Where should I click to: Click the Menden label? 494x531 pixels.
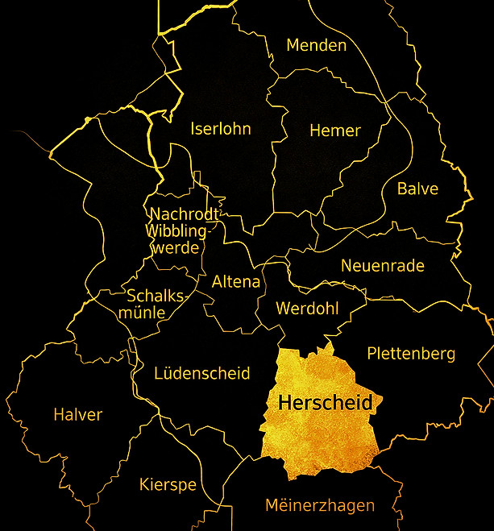[x=317, y=45]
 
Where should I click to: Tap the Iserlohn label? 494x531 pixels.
[x=221, y=129]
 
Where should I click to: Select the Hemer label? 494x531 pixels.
[x=335, y=131]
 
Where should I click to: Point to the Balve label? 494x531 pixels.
[x=417, y=189]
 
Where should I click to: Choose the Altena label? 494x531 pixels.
[x=236, y=282]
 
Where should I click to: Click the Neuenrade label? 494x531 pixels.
[x=382, y=266]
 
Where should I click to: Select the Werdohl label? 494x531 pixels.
[x=307, y=309]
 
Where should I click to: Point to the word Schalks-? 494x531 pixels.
[x=157, y=295]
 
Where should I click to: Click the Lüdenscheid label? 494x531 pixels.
[x=202, y=374]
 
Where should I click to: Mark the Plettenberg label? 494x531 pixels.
[x=411, y=354]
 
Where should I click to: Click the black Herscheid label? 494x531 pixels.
[x=325, y=403]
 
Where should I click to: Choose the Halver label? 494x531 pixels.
[x=78, y=415]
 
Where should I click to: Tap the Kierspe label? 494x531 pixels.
[x=168, y=485]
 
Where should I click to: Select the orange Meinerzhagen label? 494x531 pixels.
[x=320, y=506]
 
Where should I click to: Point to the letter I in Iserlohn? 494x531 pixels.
[x=193, y=129]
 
